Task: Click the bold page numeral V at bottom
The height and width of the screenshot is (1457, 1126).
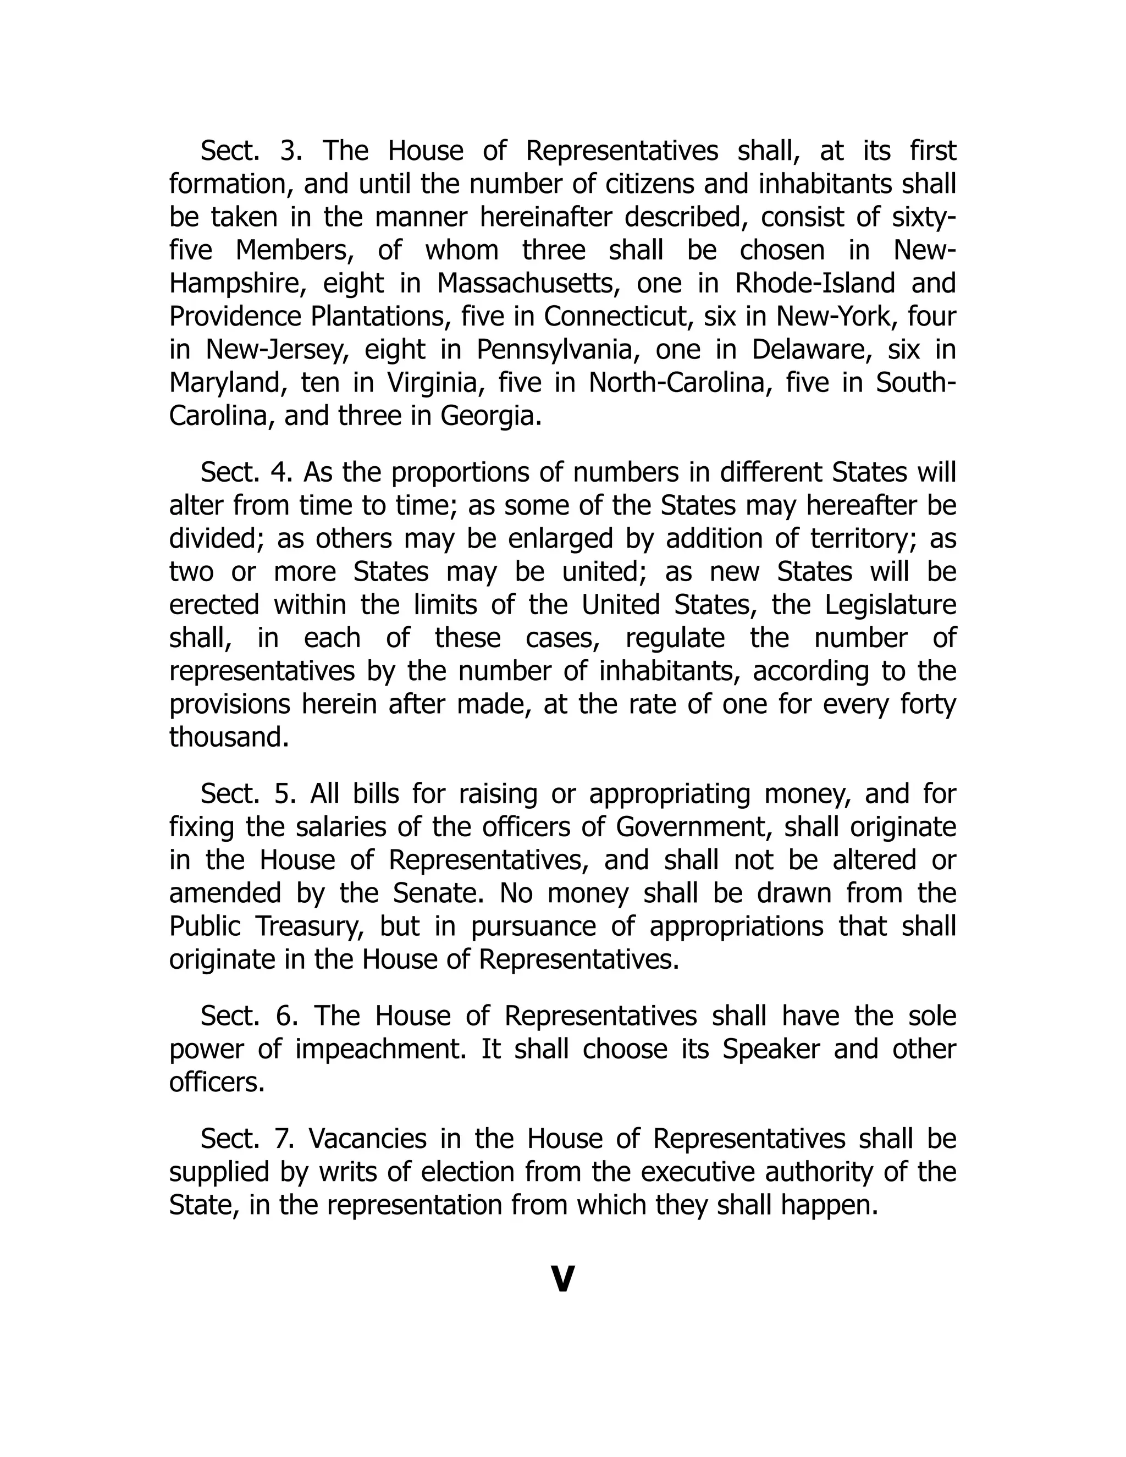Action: [563, 1278]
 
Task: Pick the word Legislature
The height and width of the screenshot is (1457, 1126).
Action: [890, 606]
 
